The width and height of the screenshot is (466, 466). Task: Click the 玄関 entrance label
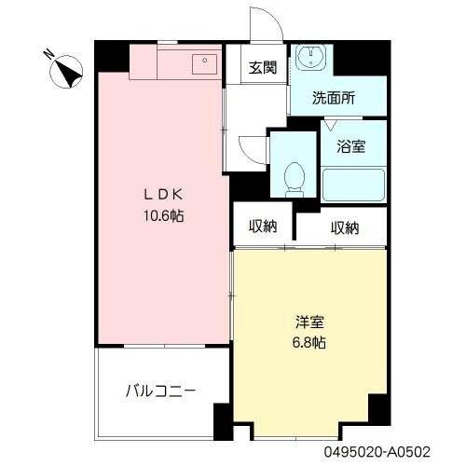point(262,67)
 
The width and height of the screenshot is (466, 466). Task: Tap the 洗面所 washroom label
point(334,95)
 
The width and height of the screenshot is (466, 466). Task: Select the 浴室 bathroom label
point(350,145)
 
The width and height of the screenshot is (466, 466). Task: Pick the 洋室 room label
point(310,322)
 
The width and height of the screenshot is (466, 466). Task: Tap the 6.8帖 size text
point(310,342)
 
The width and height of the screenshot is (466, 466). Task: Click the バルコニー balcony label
point(161,392)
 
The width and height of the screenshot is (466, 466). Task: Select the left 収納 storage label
point(264,226)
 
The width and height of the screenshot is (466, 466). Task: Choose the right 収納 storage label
point(344,226)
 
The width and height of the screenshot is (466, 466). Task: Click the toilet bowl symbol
point(295,177)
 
